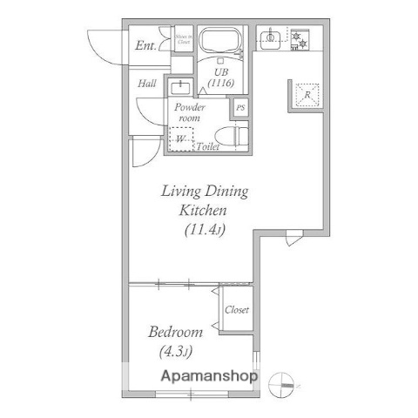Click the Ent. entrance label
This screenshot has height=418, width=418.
pos(145,44)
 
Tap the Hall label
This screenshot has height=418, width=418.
pos(147,84)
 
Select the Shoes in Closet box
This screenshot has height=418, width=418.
pos(183,40)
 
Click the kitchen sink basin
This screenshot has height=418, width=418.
pos(271,37)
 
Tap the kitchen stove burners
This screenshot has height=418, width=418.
pos(301,38)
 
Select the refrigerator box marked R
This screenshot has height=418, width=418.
pos(307,94)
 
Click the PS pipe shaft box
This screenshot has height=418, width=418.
pos(241,107)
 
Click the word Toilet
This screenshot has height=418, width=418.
pos(207,147)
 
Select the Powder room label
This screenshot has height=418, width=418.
pos(190,112)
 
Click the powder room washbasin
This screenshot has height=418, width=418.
pos(180,87)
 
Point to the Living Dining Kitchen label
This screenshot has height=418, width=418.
pos(204,200)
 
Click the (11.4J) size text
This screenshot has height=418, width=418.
pos(205,231)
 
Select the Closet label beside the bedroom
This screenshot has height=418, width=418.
pos(237,310)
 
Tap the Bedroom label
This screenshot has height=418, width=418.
pos(175,332)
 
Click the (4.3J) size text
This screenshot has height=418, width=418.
pos(175,352)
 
